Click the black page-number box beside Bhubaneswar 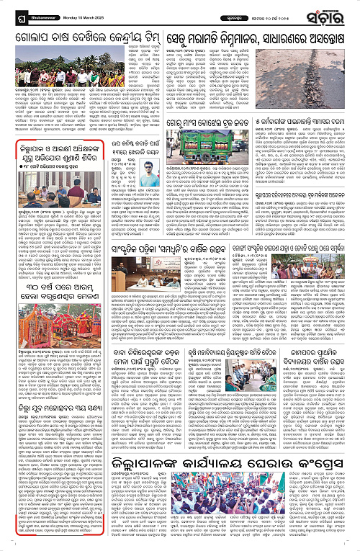(x=9, y=13)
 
